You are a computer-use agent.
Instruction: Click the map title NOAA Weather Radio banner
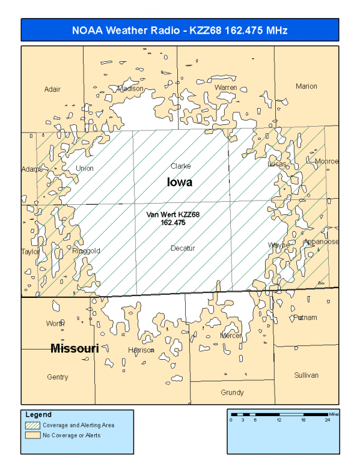click(180, 30)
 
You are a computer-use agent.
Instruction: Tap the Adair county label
click(53, 89)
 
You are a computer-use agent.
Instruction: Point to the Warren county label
click(226, 88)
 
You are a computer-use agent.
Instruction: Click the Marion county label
click(306, 86)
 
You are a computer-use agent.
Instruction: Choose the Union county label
click(85, 168)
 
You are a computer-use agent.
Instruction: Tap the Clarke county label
click(181, 166)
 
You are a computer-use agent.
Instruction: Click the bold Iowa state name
click(180, 182)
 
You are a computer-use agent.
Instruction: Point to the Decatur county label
click(183, 248)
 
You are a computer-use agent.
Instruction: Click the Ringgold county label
click(86, 251)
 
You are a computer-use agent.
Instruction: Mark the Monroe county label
click(327, 162)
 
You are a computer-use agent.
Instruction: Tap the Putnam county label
click(305, 317)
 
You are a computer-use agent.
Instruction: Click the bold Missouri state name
click(75, 348)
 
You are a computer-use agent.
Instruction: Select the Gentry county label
click(58, 377)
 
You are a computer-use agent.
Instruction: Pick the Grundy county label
click(232, 393)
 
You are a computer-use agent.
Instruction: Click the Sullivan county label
click(307, 375)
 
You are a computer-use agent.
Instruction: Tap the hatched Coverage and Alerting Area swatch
click(32, 425)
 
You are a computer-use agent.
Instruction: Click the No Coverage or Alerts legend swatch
click(32, 435)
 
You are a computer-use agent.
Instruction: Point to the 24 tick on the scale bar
click(328, 420)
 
